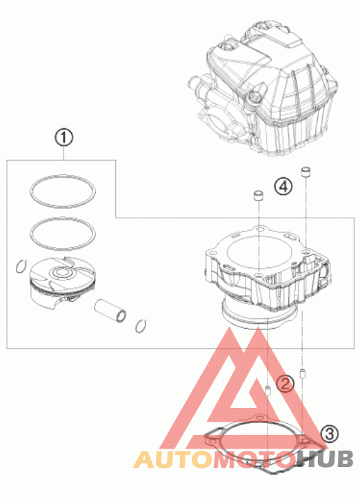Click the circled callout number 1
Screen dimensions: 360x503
click(64, 138)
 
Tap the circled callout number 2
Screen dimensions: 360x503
click(286, 383)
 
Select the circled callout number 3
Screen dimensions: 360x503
click(330, 434)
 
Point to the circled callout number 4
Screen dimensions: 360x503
click(283, 186)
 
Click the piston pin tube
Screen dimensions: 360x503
click(110, 311)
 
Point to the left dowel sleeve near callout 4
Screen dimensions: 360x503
click(259, 196)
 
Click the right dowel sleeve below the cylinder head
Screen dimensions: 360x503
click(306, 172)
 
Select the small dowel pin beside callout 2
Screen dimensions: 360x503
click(268, 391)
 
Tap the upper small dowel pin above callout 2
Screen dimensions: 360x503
click(302, 373)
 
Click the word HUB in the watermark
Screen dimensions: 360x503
click(324, 459)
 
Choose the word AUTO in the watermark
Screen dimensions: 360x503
click(173, 459)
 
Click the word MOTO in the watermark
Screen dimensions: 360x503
click(254, 459)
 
